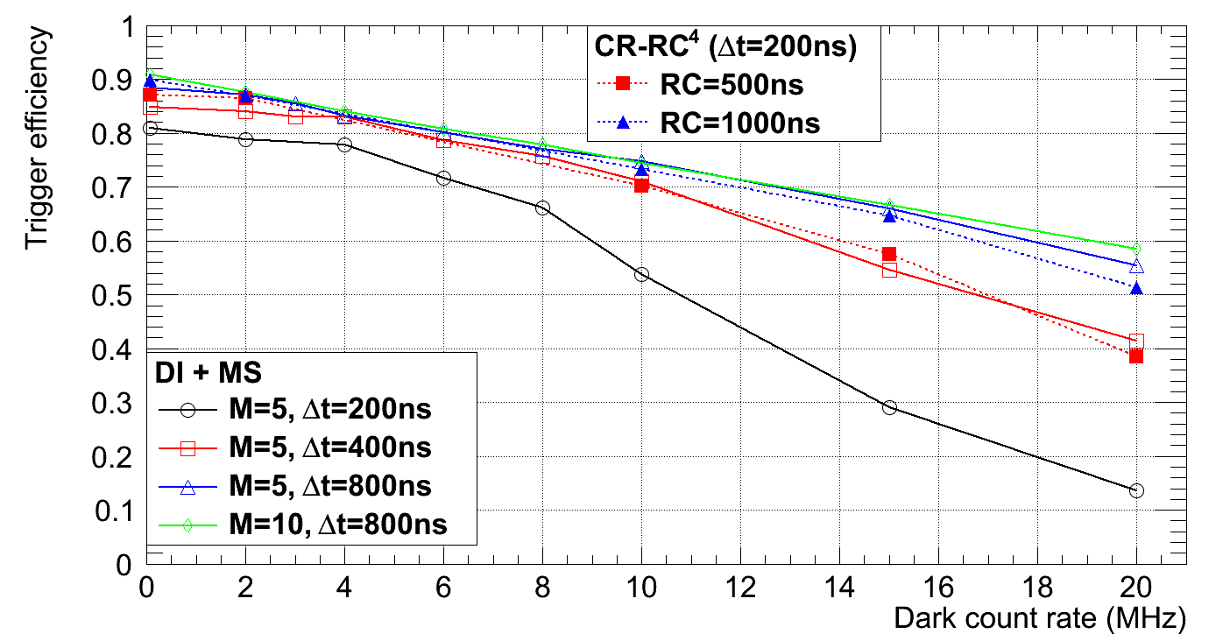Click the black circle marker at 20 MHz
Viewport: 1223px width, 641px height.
1136,490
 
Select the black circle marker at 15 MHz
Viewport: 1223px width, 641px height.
889,407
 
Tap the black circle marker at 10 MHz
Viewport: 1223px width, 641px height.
641,274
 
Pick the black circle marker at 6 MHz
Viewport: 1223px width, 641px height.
443,178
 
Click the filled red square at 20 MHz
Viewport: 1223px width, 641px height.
1136,356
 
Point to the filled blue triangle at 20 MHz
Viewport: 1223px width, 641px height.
1136,288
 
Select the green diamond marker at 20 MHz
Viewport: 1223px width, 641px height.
1136,250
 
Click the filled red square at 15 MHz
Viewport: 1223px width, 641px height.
889,254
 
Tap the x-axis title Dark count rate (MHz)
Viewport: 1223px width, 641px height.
1039,619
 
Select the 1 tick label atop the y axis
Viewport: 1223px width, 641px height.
127,27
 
